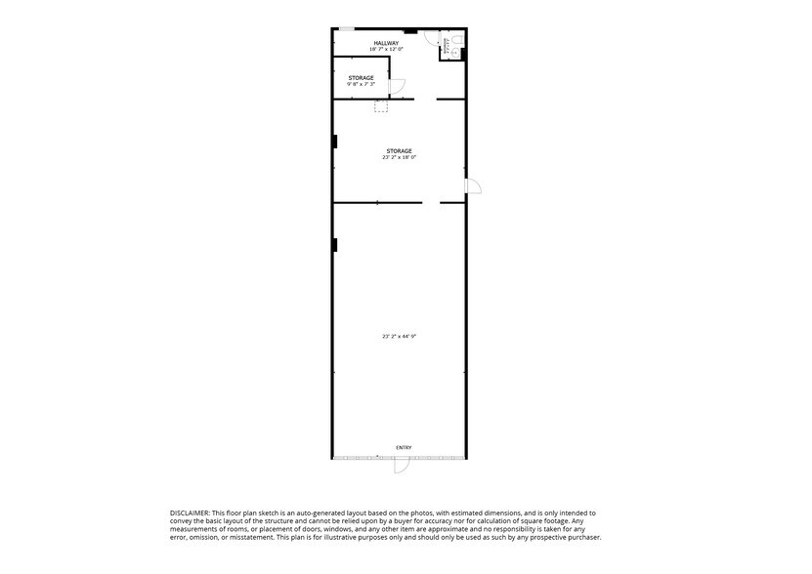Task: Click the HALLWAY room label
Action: point(385,43)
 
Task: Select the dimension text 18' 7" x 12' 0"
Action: point(385,49)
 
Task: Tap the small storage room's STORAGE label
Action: point(361,77)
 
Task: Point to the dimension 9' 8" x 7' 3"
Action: point(361,84)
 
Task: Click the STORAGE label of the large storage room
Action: point(399,151)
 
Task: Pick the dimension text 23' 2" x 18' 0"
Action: point(399,157)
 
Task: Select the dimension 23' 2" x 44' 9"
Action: point(399,336)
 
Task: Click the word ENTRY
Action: point(404,448)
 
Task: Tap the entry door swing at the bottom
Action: point(401,466)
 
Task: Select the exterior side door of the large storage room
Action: point(473,186)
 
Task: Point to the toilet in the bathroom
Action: point(457,41)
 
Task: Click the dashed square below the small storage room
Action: point(380,105)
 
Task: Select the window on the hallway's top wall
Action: point(347,29)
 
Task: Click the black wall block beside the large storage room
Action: point(335,142)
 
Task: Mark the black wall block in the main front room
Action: point(335,245)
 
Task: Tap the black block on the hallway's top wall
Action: point(410,31)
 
